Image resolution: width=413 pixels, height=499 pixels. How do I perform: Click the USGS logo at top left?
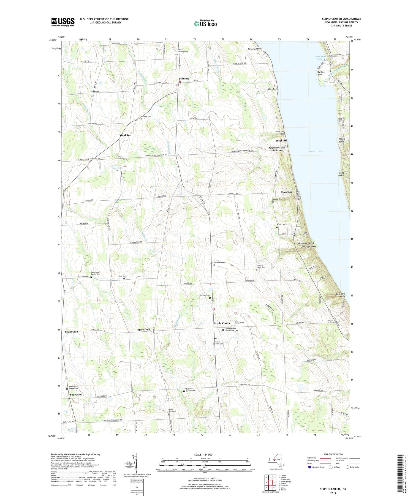tap(63, 22)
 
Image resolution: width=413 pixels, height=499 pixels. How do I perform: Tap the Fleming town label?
tap(184, 78)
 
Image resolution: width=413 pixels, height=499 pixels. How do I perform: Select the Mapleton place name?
tap(125, 135)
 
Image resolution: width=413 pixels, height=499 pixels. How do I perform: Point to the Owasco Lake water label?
tap(316, 151)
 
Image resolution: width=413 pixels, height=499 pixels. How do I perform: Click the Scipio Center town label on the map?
tap(222, 323)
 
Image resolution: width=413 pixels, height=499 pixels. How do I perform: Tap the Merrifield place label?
tap(144, 329)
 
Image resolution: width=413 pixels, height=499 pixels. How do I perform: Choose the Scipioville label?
tap(71, 332)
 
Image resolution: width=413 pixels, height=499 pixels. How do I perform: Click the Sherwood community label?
tap(76, 394)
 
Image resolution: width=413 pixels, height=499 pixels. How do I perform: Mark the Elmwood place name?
tap(286, 192)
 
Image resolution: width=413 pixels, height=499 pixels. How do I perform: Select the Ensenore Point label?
tap(340, 295)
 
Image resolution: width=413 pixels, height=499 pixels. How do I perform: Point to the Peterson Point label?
tap(255, 49)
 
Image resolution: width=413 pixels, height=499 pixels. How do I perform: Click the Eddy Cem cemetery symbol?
tap(124, 279)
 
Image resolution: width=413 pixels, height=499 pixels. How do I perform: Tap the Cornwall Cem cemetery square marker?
tap(214, 265)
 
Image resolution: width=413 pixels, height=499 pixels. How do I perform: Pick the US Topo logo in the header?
tap(205, 23)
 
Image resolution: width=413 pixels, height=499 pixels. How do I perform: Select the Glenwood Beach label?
tap(306, 243)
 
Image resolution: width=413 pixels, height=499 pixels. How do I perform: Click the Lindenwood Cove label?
tap(319, 58)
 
